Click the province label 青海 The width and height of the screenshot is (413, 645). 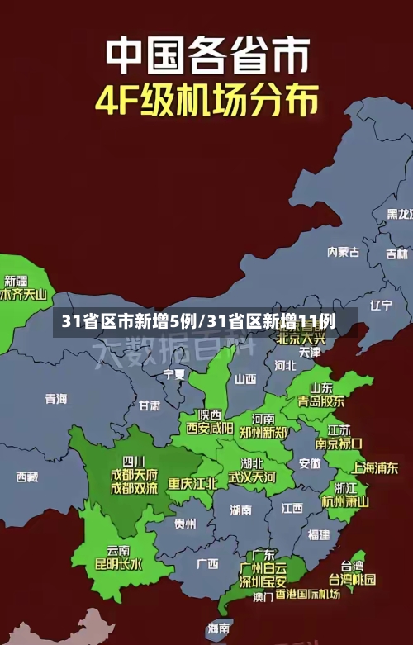[56, 399]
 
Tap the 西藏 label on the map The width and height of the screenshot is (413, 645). [27, 477]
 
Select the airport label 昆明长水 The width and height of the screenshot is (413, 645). [118, 564]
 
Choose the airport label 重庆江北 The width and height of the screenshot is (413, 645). [192, 483]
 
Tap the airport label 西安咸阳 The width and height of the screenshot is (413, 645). [209, 429]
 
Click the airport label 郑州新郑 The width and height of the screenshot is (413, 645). [263, 432]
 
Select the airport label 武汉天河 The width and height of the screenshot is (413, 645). [252, 477]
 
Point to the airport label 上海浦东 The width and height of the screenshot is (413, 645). [375, 467]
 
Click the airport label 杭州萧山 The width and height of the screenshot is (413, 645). [345, 501]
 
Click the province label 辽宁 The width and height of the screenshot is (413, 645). [381, 305]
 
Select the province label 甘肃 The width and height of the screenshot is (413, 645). [150, 406]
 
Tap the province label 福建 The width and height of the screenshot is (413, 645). [319, 535]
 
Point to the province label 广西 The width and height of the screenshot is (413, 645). [207, 564]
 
